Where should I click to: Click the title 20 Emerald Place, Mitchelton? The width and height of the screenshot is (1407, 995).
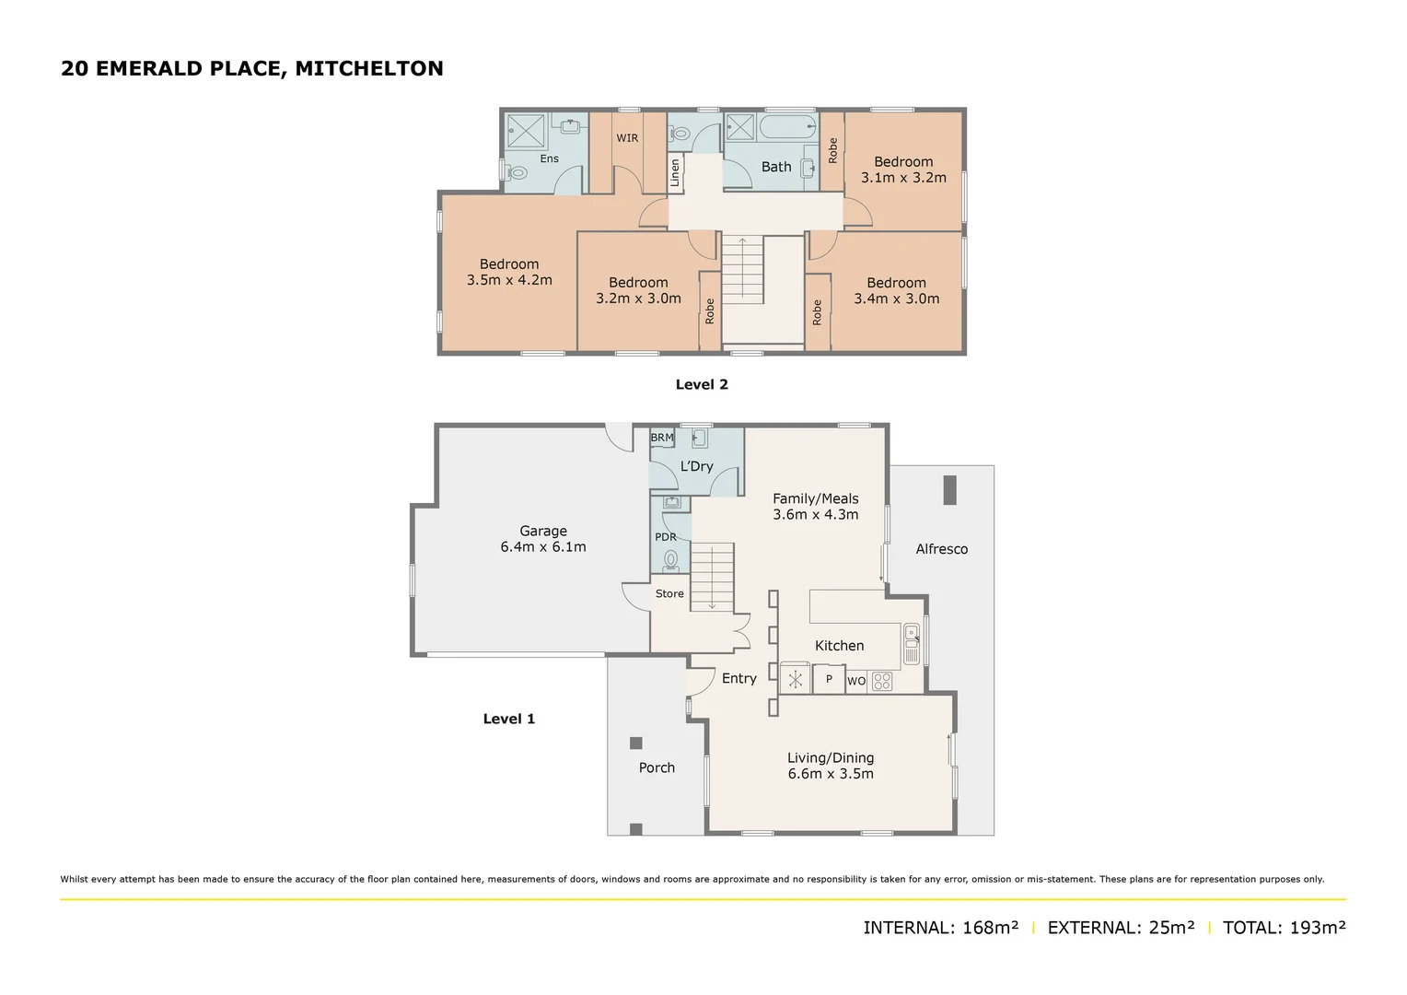point(251,68)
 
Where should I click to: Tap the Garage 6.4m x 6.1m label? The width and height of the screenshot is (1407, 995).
point(542,539)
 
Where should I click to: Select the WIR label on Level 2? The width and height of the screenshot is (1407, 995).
point(627,138)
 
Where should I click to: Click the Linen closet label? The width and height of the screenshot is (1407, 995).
point(675,173)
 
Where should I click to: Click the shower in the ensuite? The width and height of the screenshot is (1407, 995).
point(527,130)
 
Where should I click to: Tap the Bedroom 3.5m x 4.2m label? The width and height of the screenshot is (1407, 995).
point(509,272)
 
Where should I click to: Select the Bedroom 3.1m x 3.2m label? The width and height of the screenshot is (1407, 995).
point(903,170)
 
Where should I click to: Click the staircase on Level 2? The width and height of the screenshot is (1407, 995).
point(742,268)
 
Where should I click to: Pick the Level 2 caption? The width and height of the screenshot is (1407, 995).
point(702,384)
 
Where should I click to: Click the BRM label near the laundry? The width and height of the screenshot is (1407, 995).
point(662,438)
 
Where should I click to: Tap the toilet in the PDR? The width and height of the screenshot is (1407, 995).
point(671,558)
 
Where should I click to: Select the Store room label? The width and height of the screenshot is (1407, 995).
point(669,593)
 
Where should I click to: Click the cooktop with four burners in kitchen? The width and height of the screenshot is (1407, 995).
point(881,682)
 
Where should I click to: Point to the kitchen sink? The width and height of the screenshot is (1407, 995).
point(912,643)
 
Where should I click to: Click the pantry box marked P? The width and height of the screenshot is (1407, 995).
point(829,680)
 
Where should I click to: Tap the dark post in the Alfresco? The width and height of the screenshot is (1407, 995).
point(949,489)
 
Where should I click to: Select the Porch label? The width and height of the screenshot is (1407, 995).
point(657,767)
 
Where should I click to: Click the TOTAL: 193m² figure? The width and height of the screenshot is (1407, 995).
point(1284,928)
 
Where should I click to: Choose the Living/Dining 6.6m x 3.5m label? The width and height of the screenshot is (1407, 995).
point(831,766)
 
